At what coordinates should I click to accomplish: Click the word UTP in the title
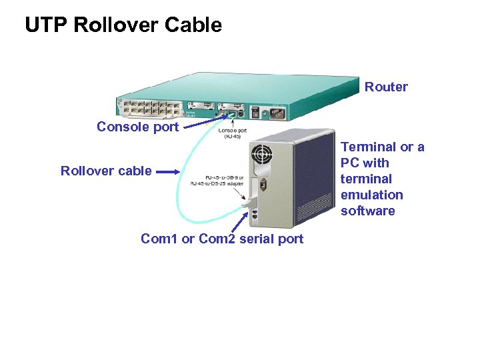click(x=47, y=25)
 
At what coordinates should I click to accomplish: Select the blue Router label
click(x=386, y=87)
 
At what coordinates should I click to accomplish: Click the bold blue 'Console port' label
click(x=137, y=127)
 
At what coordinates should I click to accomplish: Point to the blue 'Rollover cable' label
click(x=106, y=171)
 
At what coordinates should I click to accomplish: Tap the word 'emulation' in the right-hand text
click(x=371, y=195)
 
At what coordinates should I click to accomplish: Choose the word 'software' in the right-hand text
click(x=367, y=211)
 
